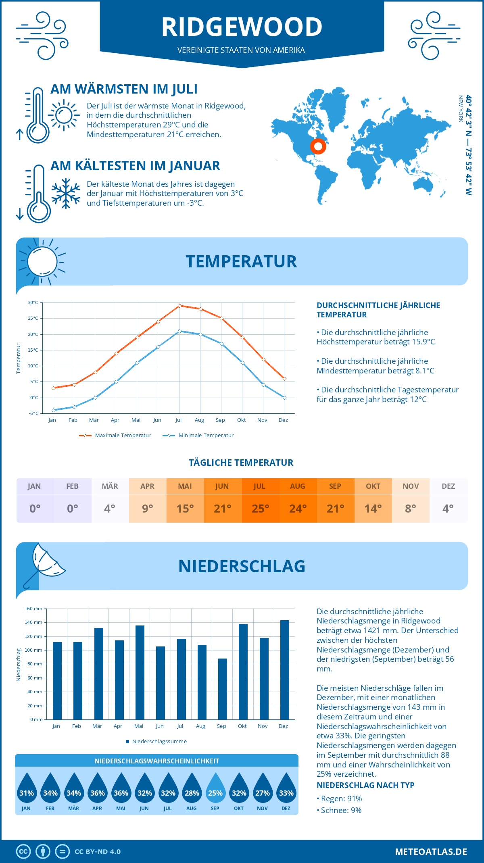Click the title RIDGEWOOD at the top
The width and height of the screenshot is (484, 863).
tap(242, 27)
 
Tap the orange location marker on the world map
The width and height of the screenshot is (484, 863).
tap(318, 146)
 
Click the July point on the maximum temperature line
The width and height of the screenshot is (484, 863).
tap(179, 306)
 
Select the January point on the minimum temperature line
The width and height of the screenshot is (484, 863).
tap(53, 410)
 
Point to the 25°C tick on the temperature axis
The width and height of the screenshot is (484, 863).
tap(33, 318)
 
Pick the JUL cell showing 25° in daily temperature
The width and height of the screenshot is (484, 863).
tap(260, 509)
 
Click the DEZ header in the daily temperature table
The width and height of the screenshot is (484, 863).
tap(448, 486)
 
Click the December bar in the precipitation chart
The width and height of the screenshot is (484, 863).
tap(285, 669)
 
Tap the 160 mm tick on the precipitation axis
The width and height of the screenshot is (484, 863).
tap(33, 609)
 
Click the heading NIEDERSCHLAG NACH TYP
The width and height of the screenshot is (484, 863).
tap(365, 785)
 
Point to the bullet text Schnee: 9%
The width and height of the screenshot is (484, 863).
tap(341, 810)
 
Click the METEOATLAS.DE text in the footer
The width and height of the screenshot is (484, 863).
tap(431, 852)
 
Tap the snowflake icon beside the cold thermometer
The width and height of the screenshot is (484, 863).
tap(66, 194)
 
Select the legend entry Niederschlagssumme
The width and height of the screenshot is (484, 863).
tap(159, 741)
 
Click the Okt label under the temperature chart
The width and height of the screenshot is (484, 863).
tap(241, 420)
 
